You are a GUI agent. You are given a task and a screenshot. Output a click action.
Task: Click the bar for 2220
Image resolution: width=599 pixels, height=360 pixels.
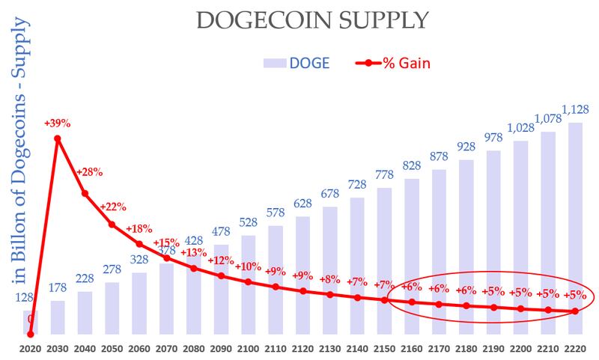575,225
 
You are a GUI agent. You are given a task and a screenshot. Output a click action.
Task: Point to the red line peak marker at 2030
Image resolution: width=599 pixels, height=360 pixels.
58,138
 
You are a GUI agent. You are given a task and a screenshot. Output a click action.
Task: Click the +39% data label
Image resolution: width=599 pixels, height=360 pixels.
58,123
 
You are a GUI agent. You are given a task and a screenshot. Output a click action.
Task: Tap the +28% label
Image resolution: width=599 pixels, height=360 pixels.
89,172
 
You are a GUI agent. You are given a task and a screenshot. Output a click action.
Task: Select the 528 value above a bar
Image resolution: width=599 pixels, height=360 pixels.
248,223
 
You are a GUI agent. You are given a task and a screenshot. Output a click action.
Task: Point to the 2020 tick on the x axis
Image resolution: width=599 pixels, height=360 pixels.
30,349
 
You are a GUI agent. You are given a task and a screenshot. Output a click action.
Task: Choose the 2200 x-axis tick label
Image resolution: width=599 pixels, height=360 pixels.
520,349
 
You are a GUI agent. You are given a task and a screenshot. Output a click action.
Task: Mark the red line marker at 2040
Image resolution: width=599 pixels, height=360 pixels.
85,193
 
